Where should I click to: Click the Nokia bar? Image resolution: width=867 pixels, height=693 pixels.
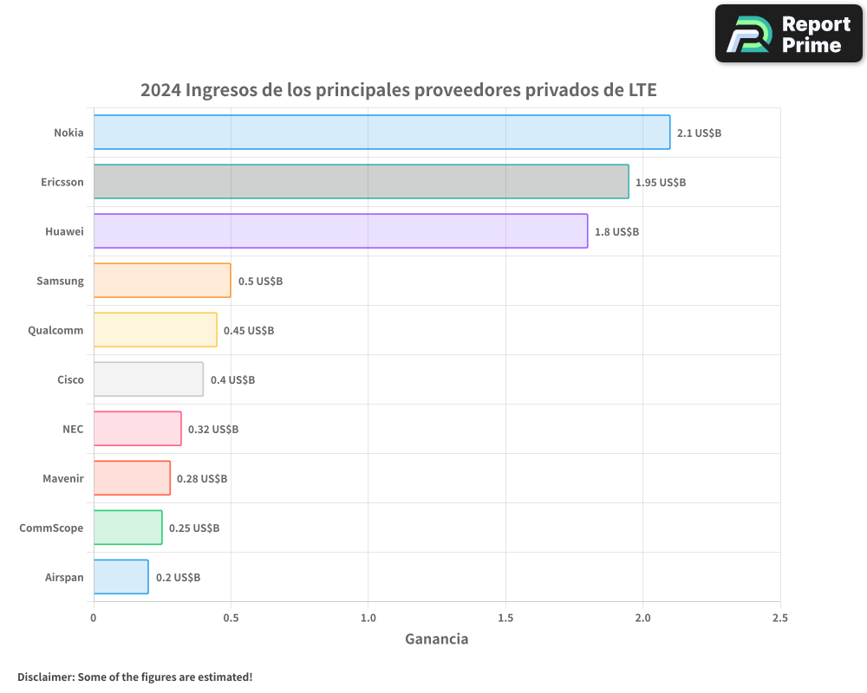pyautogui.click(x=381, y=133)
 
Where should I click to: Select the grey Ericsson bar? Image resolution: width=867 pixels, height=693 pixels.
pyautogui.click(x=361, y=182)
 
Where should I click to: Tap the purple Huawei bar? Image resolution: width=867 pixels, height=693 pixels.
pyautogui.click(x=340, y=231)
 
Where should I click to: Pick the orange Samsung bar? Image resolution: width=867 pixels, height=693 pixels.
pyautogui.click(x=162, y=281)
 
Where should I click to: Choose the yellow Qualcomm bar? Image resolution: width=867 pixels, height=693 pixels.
pyautogui.click(x=155, y=330)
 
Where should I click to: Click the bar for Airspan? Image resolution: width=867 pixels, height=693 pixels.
pyautogui.click(x=121, y=577)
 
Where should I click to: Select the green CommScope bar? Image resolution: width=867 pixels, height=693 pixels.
pyautogui.click(x=127, y=528)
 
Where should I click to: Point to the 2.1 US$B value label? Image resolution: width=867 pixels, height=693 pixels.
pyautogui.click(x=699, y=133)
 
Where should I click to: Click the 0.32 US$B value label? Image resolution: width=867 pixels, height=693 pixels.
pyautogui.click(x=213, y=430)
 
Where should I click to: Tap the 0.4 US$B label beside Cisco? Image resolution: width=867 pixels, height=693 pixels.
pyautogui.click(x=232, y=380)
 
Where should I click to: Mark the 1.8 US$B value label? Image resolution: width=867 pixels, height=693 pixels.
pyautogui.click(x=616, y=232)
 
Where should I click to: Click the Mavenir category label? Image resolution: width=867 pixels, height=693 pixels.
pyautogui.click(x=63, y=478)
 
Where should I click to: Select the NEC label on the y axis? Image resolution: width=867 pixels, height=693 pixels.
pyautogui.click(x=73, y=429)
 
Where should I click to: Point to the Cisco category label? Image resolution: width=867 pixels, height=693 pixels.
pyautogui.click(x=70, y=379)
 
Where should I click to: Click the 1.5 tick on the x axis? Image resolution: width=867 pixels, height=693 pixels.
pyautogui.click(x=505, y=619)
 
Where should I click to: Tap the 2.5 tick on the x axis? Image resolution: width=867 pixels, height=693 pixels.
pyautogui.click(x=780, y=619)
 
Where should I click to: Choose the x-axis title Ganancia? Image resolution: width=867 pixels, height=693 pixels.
pyautogui.click(x=437, y=639)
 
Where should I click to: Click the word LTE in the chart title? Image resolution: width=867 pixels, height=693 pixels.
pyautogui.click(x=642, y=90)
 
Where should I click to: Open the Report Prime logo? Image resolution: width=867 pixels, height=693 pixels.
pyautogui.click(x=789, y=34)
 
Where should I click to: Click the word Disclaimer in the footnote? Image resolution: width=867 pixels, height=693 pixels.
pyautogui.click(x=45, y=677)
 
